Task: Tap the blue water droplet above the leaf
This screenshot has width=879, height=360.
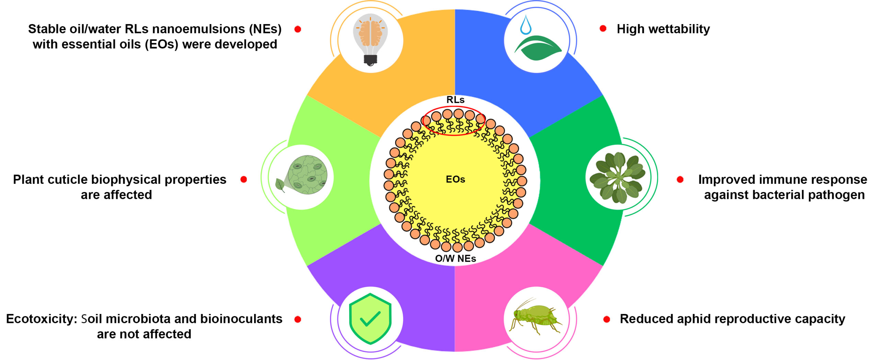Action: click(525, 25)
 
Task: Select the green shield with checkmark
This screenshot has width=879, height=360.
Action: click(370, 318)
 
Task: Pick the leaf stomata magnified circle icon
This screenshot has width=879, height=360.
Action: click(302, 175)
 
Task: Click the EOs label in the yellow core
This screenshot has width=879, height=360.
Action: click(455, 179)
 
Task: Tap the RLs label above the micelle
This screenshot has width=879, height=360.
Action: click(455, 100)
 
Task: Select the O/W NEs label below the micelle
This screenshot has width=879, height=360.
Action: click(455, 258)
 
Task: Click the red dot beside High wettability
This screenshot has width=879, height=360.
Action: click(603, 29)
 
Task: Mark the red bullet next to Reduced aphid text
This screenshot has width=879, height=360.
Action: click(607, 319)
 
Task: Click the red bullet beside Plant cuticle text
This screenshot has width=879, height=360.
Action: click(244, 179)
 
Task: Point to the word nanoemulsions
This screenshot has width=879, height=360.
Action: click(198, 29)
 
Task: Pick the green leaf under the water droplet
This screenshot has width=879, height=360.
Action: click(538, 48)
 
